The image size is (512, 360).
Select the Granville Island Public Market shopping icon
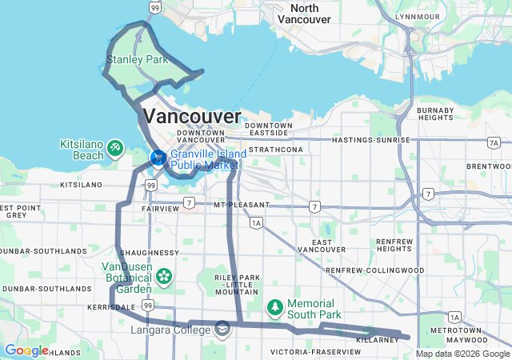(x=158, y=158)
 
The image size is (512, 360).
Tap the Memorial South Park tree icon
(x=274, y=306)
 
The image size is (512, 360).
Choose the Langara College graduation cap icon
(x=222, y=328)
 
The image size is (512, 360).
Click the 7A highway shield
(x=493, y=142)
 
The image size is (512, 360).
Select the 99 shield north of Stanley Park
(x=154, y=7)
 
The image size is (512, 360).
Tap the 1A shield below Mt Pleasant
(x=255, y=224)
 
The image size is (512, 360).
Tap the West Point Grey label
(x=18, y=211)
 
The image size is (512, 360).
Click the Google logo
(x=26, y=350)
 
